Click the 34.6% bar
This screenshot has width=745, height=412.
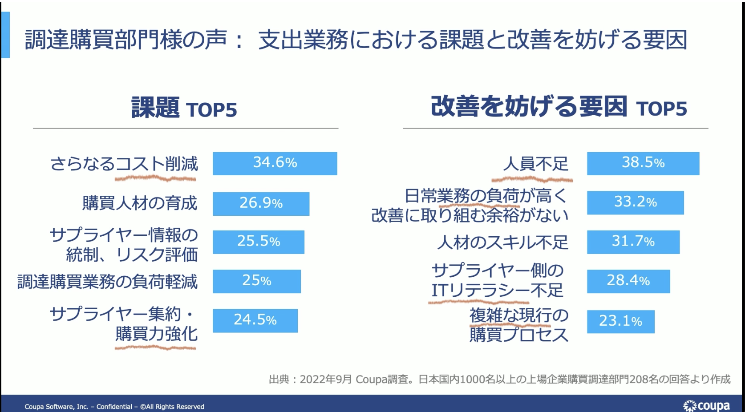tap(275, 164)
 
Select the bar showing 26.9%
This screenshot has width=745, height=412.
tap(261, 204)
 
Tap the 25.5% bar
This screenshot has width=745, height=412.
tap(259, 242)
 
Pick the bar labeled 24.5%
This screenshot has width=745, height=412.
tap(255, 321)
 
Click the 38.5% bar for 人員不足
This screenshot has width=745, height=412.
tap(643, 164)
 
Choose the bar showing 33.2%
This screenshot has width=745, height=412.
tap(636, 203)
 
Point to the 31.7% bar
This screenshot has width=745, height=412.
tap(633, 242)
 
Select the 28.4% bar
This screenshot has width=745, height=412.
tap(628, 281)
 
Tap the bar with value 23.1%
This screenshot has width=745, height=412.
tap(621, 322)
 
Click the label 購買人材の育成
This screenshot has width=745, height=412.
tap(140, 203)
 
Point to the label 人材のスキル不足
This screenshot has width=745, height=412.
tap(502, 242)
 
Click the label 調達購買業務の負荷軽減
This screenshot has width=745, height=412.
tap(107, 282)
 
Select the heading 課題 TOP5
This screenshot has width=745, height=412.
tap(184, 108)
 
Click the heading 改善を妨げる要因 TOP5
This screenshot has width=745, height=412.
tap(559, 107)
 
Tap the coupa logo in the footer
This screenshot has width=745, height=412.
tap(706, 406)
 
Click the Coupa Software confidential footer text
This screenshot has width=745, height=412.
tap(114, 407)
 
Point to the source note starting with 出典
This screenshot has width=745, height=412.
tap(499, 380)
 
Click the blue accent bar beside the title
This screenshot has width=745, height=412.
tap(5, 35)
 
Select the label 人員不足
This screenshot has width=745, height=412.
tap(535, 164)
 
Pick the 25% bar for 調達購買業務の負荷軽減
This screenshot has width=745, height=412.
tap(257, 281)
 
